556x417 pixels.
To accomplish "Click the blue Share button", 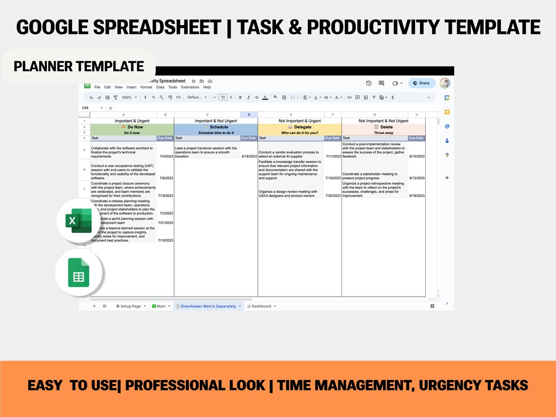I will tap(422, 83).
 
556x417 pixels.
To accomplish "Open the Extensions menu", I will tap(189, 88).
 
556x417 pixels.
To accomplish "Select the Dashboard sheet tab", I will tap(261, 306).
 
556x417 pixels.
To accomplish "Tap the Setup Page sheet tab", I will tap(130, 306).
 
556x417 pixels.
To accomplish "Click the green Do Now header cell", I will tap(132, 127).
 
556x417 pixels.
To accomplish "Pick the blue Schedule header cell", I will tap(216, 127).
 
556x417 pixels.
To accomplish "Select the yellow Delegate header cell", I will tap(300, 127).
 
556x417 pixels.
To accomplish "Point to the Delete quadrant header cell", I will tap(384, 127).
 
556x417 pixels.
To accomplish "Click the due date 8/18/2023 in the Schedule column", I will tap(249, 157).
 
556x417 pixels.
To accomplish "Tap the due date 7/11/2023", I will tap(333, 157).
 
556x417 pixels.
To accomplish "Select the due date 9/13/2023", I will tap(417, 178).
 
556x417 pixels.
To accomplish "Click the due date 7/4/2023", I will tap(166, 157).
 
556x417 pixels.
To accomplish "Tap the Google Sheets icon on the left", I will tap(78, 273).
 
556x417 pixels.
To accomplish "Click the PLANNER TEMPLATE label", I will tap(79, 66).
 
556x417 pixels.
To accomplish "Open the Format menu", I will tap(146, 88).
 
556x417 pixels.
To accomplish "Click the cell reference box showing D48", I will tap(86, 108).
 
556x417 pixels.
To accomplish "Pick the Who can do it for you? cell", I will tap(300, 133).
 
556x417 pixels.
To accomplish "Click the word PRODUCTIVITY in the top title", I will tap(342, 27).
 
